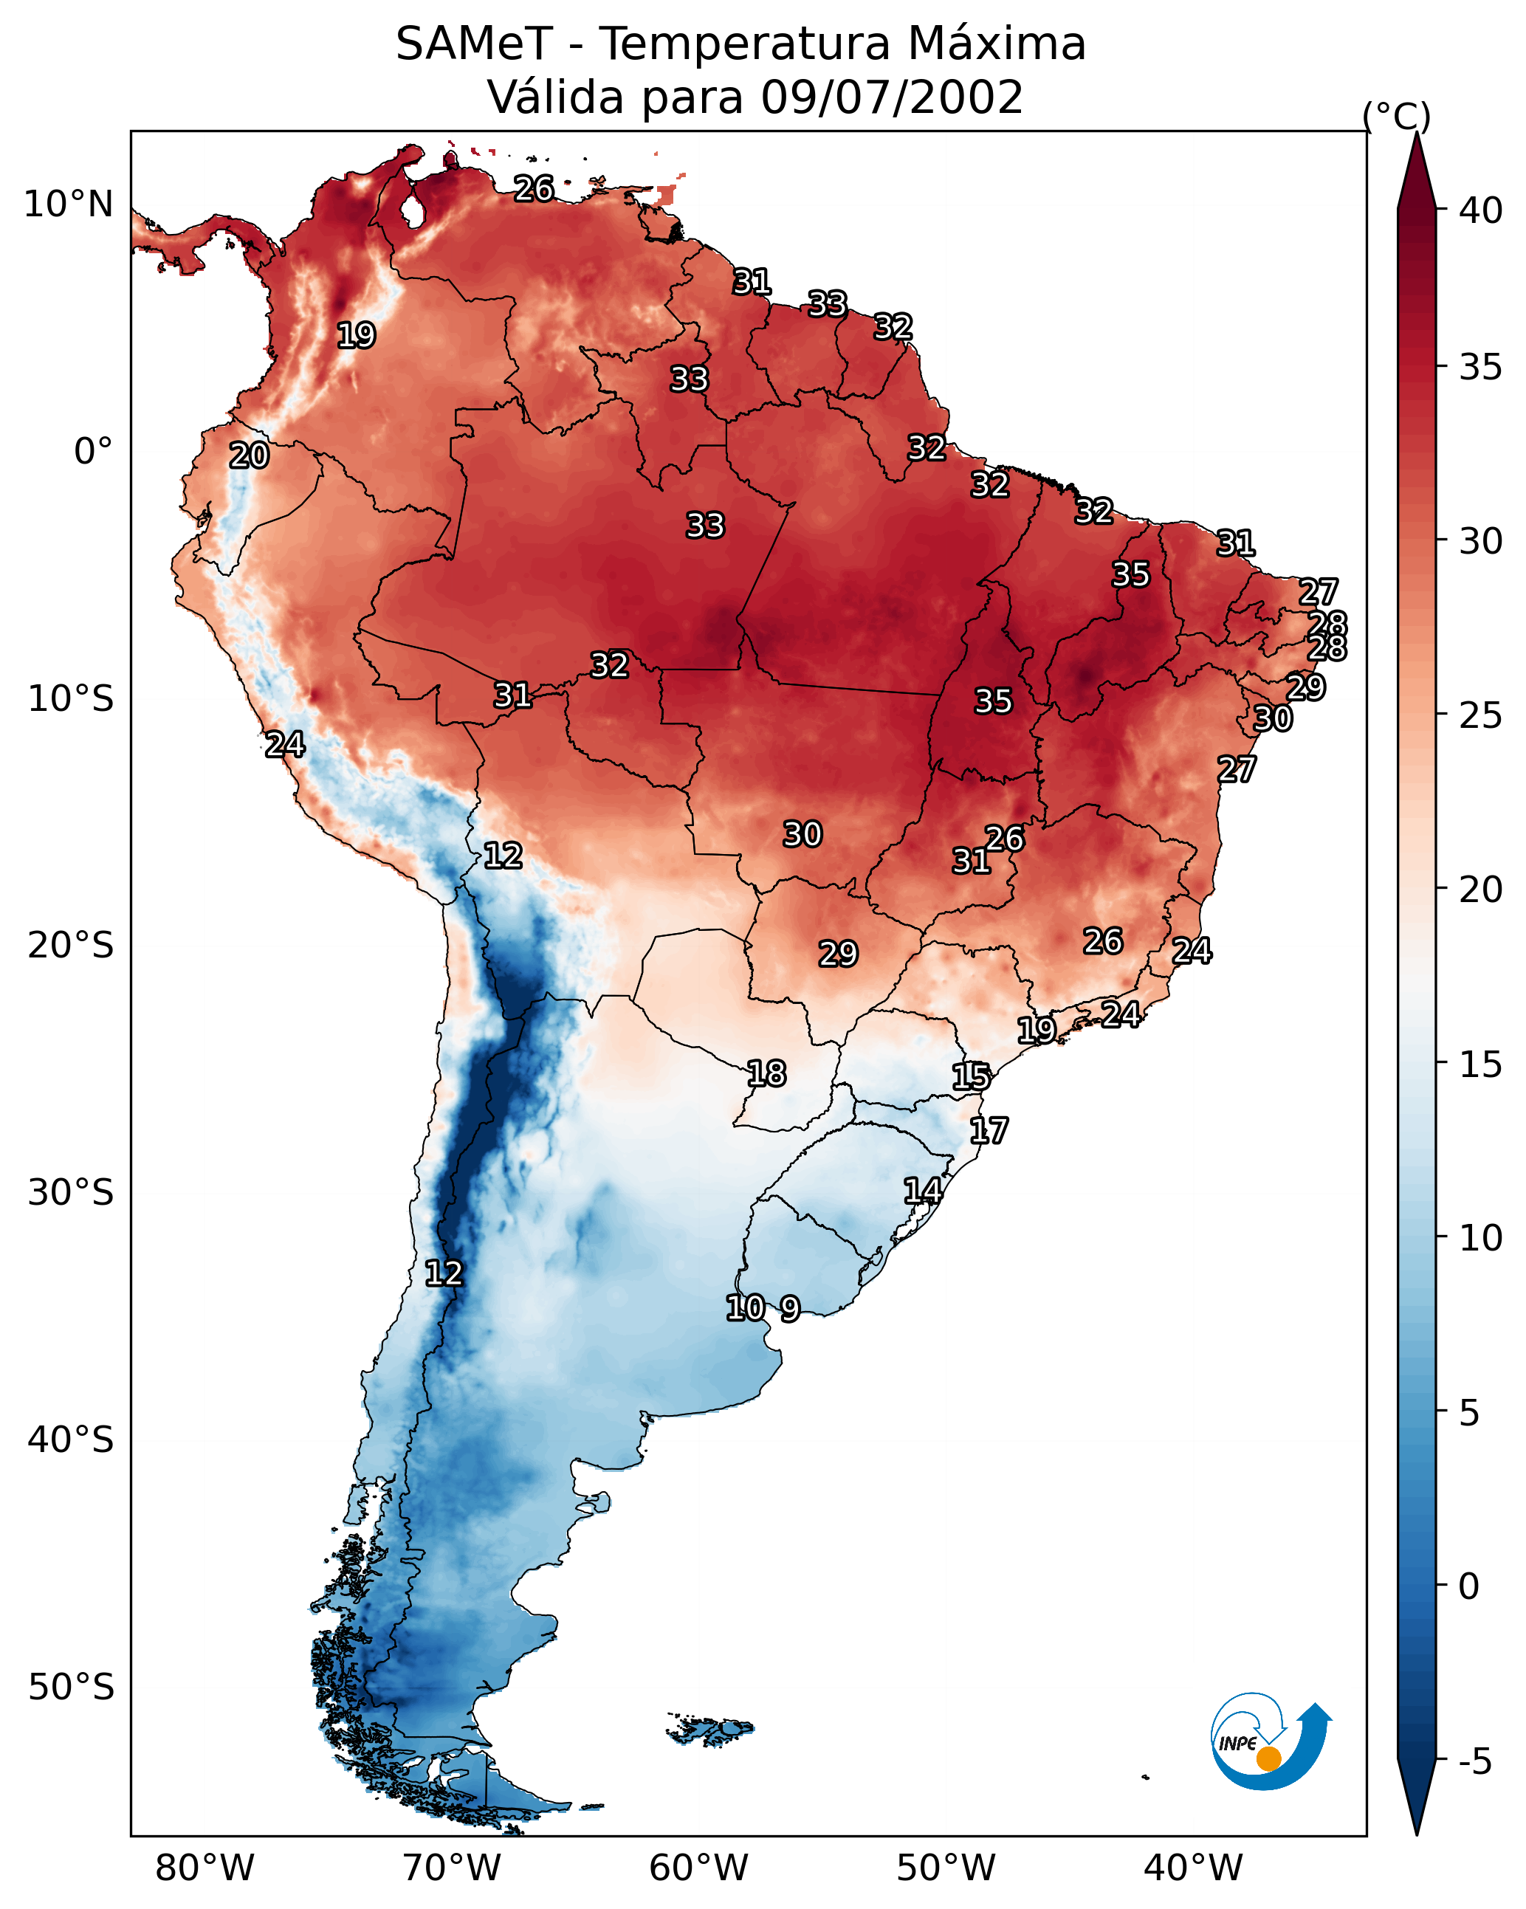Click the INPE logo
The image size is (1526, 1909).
pos(1270,1741)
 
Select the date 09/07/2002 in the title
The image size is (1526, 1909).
pos(891,97)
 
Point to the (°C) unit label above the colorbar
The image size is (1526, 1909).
pos(1396,116)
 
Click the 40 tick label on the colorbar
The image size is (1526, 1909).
pos(1481,210)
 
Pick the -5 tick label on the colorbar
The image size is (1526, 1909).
pos(1474,1761)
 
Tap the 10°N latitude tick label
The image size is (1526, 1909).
pos(68,204)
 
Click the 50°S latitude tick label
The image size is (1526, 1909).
pos(71,1687)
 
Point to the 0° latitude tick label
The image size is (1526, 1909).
pos(93,452)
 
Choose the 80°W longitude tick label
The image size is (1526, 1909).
pos(205,1868)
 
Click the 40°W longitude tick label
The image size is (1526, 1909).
pos(1193,1868)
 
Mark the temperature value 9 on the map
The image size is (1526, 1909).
pos(789,1308)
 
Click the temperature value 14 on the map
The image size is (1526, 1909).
pos(923,1191)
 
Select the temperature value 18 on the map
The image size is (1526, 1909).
pos(766,1073)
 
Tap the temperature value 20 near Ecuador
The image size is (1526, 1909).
pos(249,455)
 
